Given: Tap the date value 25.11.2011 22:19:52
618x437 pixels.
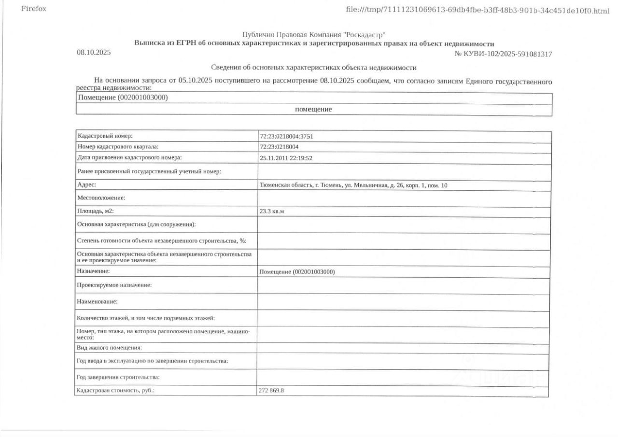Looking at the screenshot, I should pos(286,158).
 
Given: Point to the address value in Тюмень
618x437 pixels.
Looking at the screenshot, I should pos(354,185).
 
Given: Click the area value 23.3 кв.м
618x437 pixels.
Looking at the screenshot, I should pos(272,211).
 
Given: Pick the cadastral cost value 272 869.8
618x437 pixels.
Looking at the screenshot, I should pos(271,390).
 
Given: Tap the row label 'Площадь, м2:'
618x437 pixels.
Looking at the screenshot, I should pos(95,211).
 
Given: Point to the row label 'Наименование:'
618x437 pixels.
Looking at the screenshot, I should pos(98,301).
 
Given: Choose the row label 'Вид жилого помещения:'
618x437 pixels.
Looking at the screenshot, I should pos(109,348).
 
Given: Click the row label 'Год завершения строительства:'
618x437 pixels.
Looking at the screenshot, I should pos(118,377).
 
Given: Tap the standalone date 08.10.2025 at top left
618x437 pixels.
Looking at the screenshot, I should pos(94,52).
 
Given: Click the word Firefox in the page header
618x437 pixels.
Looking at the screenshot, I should pos(34,9).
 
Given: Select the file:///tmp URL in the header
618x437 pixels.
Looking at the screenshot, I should pos(478,10).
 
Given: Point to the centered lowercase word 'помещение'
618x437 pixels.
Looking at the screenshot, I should pos(313,110).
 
